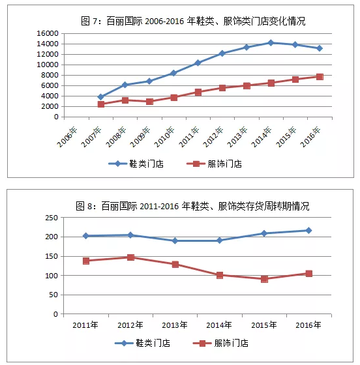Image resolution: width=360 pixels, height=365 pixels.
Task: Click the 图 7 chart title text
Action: click(x=193, y=21)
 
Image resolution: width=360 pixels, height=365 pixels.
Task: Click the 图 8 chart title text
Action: click(x=192, y=206)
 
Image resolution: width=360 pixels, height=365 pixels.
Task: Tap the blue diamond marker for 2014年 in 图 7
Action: click(x=271, y=42)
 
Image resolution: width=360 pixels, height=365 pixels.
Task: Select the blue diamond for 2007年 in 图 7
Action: click(x=101, y=96)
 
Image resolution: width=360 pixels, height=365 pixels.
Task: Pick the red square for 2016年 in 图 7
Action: click(x=320, y=77)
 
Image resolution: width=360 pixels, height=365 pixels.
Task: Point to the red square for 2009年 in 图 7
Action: click(x=149, y=102)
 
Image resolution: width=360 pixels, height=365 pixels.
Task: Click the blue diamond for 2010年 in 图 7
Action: click(x=173, y=73)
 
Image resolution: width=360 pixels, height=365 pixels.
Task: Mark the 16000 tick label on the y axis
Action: click(x=48, y=33)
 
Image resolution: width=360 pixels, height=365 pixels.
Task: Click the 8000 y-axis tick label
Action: click(x=50, y=75)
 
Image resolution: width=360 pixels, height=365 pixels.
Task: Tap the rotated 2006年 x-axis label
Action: click(x=67, y=137)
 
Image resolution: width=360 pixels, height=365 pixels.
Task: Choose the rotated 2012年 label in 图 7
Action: click(x=213, y=137)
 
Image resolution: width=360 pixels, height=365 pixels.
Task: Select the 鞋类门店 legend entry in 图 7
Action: click(x=136, y=164)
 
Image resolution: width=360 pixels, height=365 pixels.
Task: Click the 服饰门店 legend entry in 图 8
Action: click(x=220, y=343)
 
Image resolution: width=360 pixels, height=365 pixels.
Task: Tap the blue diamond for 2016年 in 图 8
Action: click(x=308, y=231)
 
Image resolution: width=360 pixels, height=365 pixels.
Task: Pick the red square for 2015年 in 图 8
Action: click(x=264, y=279)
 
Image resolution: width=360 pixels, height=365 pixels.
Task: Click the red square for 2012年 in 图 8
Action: click(x=131, y=257)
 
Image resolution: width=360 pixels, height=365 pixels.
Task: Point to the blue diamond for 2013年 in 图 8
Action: click(x=175, y=241)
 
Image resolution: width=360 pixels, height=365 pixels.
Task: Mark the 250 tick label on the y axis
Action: click(x=52, y=218)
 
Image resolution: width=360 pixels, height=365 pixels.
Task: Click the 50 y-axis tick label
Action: click(x=53, y=295)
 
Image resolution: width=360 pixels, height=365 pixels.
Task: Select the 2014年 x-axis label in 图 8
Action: click(x=219, y=325)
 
